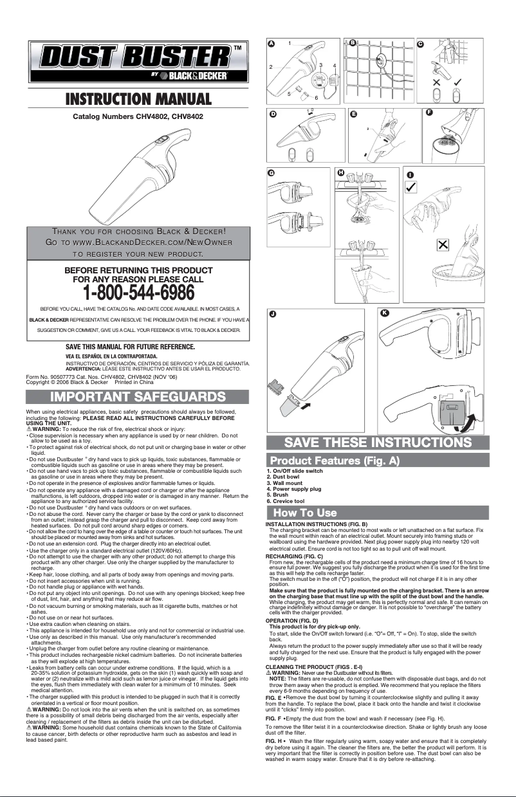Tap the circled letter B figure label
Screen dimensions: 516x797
point(352,43)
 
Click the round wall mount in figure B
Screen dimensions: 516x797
point(380,61)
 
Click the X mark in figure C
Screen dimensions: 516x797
point(437,82)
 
